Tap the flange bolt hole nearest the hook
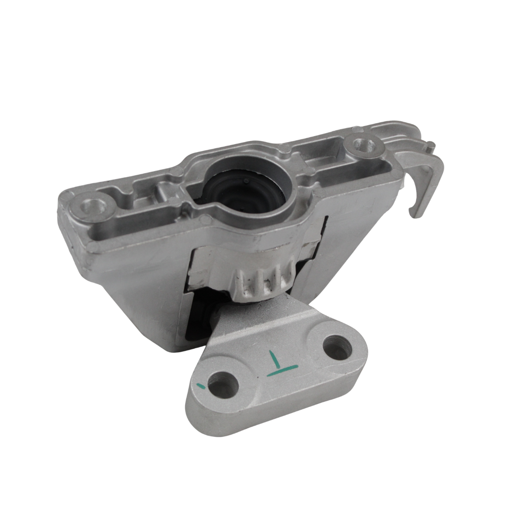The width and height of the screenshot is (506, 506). click(x=362, y=145)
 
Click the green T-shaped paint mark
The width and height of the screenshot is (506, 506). click(x=281, y=363)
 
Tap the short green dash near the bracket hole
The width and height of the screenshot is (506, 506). click(x=202, y=385)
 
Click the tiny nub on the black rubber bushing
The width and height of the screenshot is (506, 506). click(x=245, y=180)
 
